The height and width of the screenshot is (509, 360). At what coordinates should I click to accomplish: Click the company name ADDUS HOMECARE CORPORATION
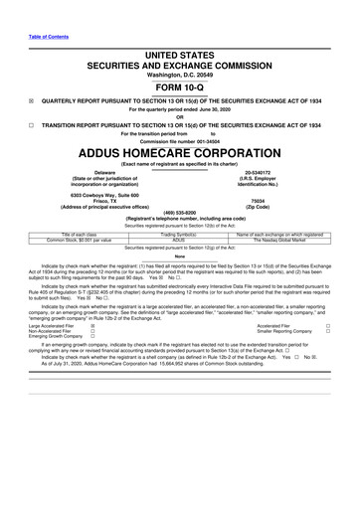click(180, 156)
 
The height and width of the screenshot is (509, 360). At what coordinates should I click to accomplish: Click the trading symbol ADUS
click(179, 240)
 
